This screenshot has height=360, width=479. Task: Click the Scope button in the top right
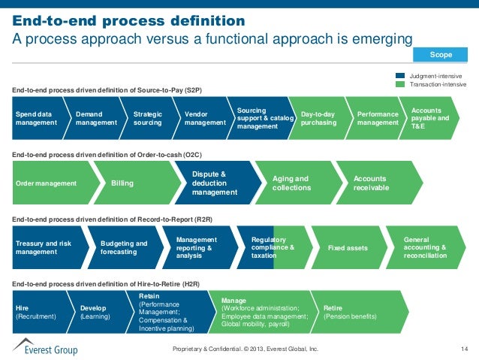440,55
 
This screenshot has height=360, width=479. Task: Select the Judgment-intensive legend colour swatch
401,76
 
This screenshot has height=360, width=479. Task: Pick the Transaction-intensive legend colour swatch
401,84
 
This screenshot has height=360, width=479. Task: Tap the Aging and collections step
294,183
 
